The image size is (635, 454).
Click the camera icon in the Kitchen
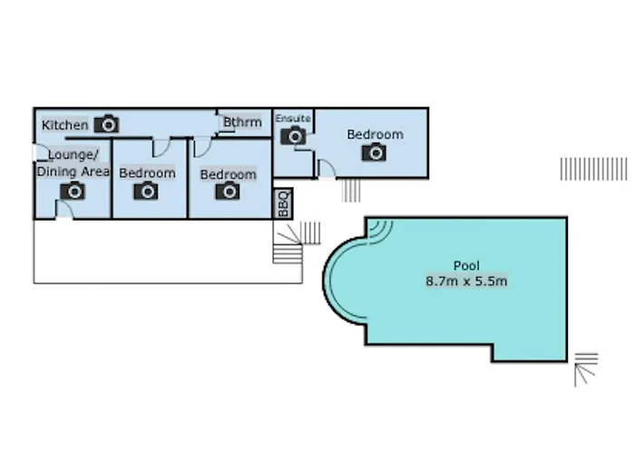(106, 124)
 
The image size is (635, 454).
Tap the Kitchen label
(64, 125)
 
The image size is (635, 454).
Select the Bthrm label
(242, 122)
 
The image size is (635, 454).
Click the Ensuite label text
(293, 118)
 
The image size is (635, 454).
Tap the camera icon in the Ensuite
(293, 136)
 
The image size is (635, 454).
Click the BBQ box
(283, 203)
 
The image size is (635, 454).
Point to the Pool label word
(466, 265)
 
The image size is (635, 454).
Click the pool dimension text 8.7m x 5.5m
(466, 281)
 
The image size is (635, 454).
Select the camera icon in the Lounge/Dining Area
(73, 191)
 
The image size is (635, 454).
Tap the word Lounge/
(73, 155)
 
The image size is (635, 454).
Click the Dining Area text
(73, 172)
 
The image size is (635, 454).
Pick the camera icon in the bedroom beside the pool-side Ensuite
(374, 152)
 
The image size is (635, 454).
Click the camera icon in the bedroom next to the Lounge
(146, 191)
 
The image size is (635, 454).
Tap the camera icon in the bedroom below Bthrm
(228, 191)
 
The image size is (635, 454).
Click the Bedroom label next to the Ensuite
(375, 134)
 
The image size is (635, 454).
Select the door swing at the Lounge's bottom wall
(64, 209)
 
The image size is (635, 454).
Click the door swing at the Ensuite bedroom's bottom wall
(326, 169)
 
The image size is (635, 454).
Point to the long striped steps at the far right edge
(593, 169)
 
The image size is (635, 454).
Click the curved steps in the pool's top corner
(380, 232)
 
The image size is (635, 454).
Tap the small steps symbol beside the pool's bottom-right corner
(586, 370)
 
